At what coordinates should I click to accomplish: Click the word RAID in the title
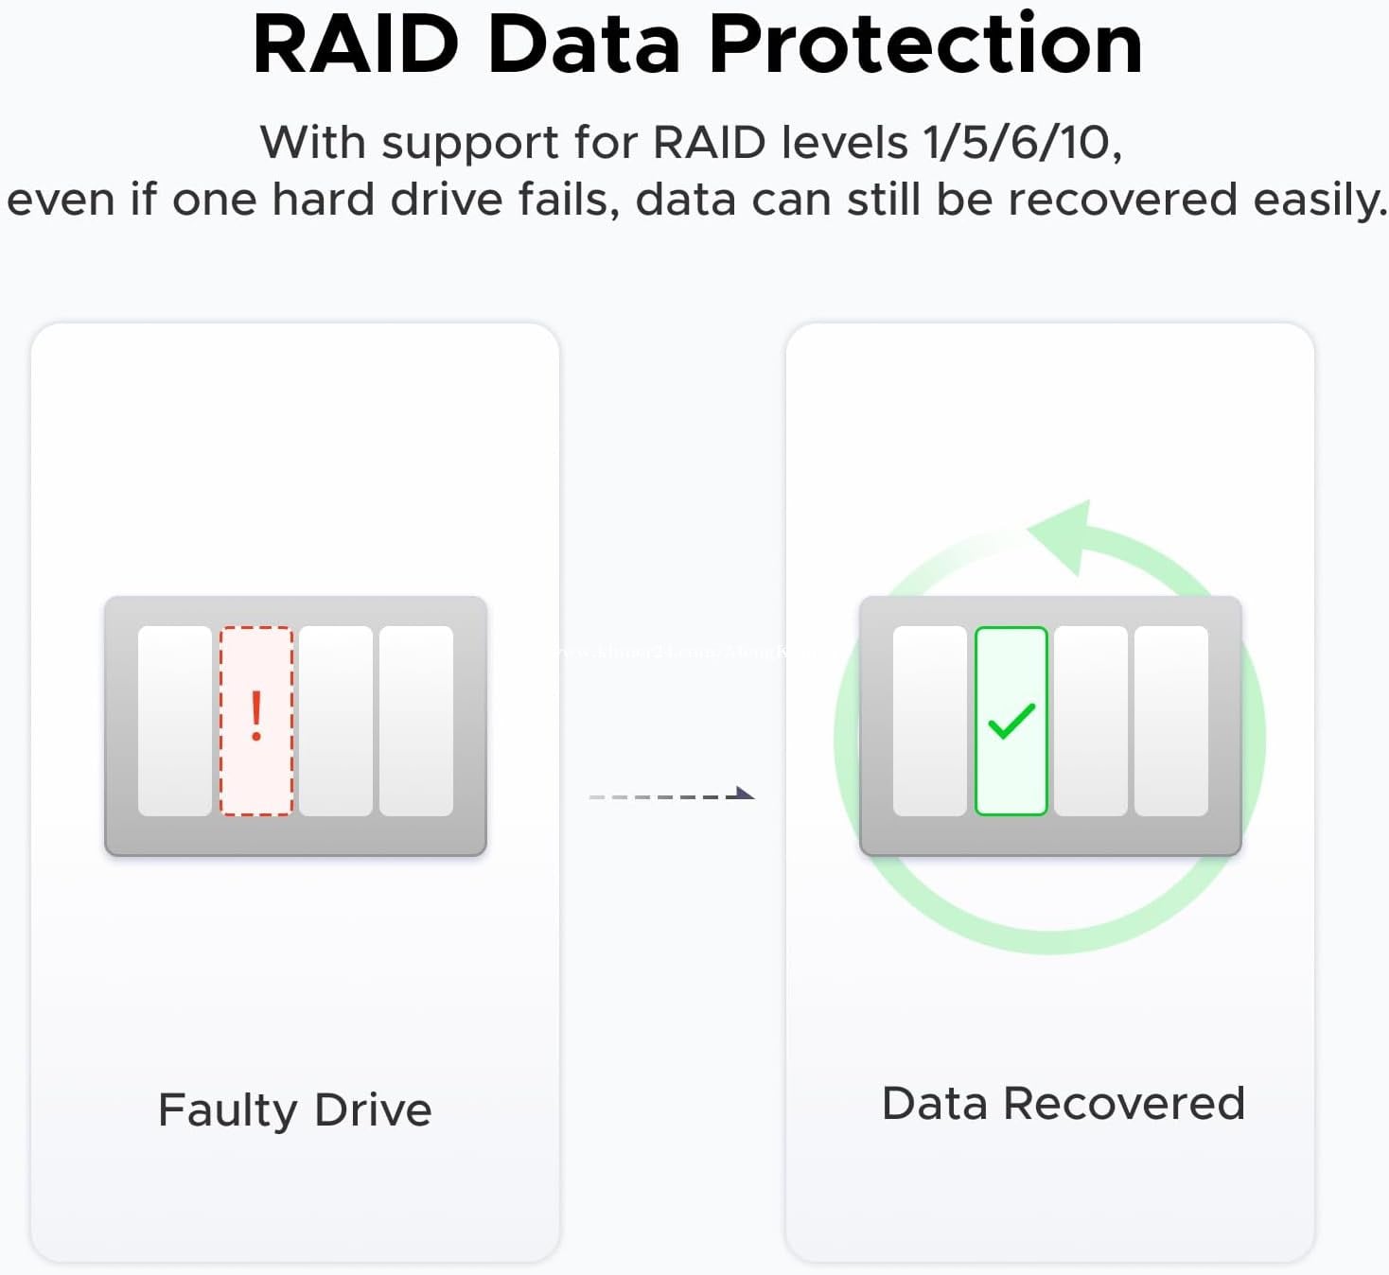pos(356,44)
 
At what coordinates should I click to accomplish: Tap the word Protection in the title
pos(925,44)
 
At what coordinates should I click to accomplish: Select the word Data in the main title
pos(584,44)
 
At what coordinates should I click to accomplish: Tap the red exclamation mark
pos(255,716)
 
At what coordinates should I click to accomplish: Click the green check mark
pos(1011,722)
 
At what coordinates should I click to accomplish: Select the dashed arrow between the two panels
pos(671,795)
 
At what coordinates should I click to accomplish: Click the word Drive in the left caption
pos(373,1109)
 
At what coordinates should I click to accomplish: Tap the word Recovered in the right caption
pos(1123,1104)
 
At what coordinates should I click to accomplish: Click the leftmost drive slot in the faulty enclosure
pos(175,721)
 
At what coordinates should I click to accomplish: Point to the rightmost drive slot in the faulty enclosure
pos(416,721)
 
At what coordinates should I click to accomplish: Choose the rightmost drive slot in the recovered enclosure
pos(1171,721)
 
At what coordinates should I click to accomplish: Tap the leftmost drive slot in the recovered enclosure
pos(930,721)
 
